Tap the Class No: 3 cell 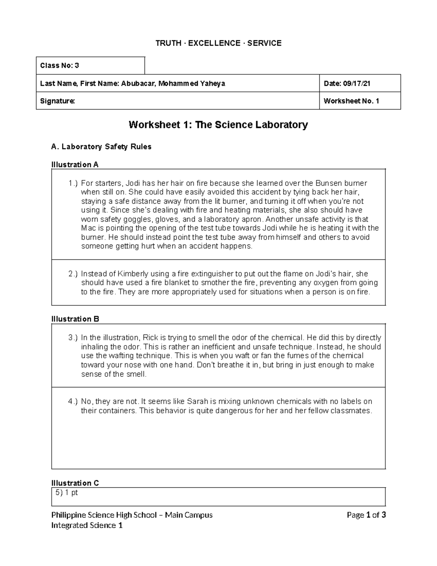coord(60,66)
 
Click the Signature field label coord(58,101)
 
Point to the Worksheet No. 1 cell coord(351,101)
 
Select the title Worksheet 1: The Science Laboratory coord(218,125)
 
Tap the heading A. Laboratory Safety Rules coord(101,147)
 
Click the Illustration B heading coord(75,319)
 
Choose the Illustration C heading coord(75,483)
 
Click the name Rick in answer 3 coord(150,337)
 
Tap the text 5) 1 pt coord(67,493)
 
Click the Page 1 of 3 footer coord(366,515)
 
